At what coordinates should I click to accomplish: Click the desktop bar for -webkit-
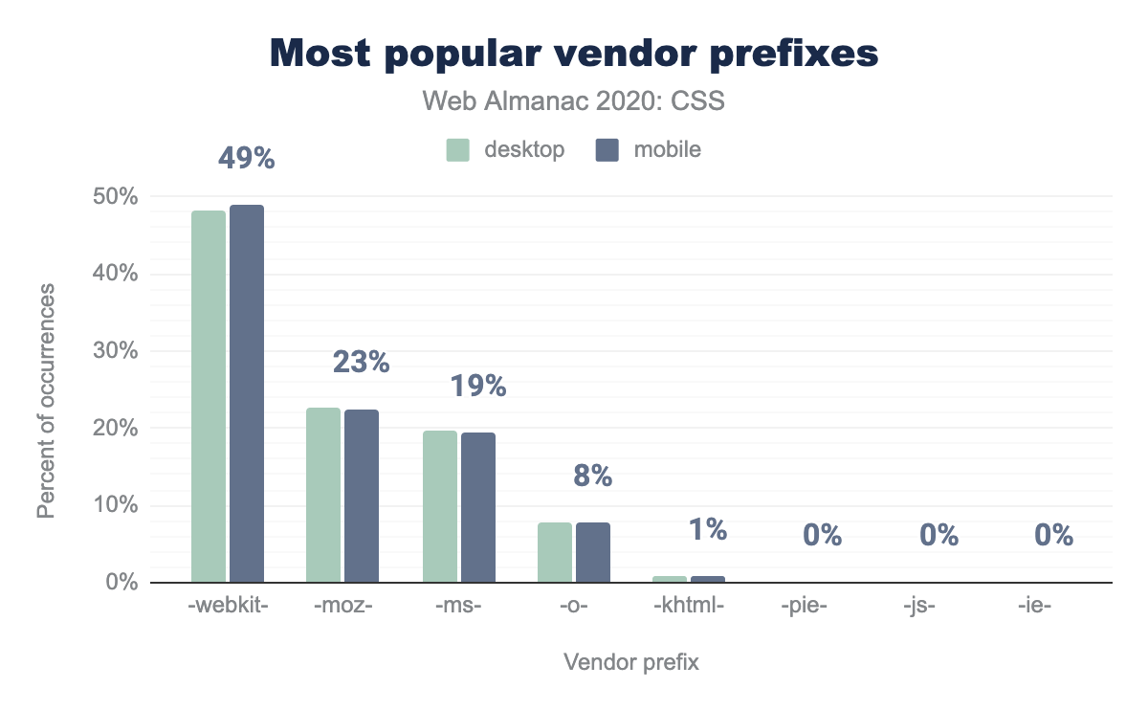pyautogui.click(x=209, y=396)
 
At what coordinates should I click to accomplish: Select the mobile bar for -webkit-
pyautogui.click(x=247, y=393)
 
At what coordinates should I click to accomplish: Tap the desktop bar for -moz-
pyautogui.click(x=323, y=495)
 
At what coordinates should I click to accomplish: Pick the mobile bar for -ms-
pyautogui.click(x=478, y=507)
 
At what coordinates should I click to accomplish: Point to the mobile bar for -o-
pyautogui.click(x=593, y=552)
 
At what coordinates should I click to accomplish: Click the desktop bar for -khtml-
pyautogui.click(x=670, y=579)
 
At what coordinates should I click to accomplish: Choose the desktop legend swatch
pyautogui.click(x=457, y=150)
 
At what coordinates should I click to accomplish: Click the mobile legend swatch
pyautogui.click(x=607, y=150)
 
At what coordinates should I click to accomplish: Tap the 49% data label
pyautogui.click(x=246, y=158)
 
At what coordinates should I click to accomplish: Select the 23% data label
pyautogui.click(x=361, y=362)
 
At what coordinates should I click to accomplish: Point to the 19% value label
pyautogui.click(x=477, y=386)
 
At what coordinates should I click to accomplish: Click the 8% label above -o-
pyautogui.click(x=592, y=476)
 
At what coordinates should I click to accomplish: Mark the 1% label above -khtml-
pyautogui.click(x=708, y=529)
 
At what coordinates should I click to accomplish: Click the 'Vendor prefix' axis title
pyautogui.click(x=631, y=662)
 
